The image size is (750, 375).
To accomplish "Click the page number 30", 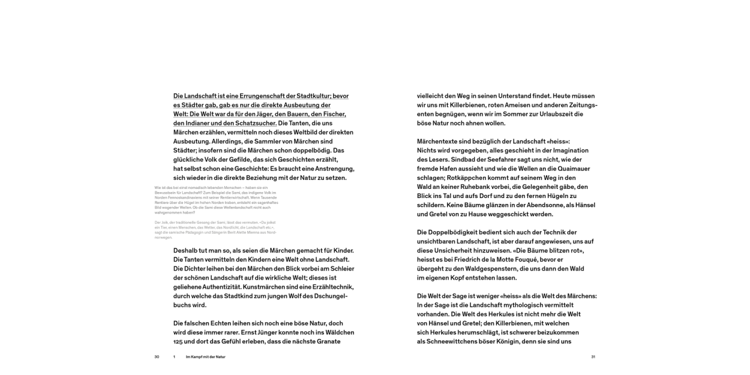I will point(156,357).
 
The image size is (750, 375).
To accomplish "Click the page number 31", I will point(593,357).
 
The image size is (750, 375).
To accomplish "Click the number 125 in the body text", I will point(179,341).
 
